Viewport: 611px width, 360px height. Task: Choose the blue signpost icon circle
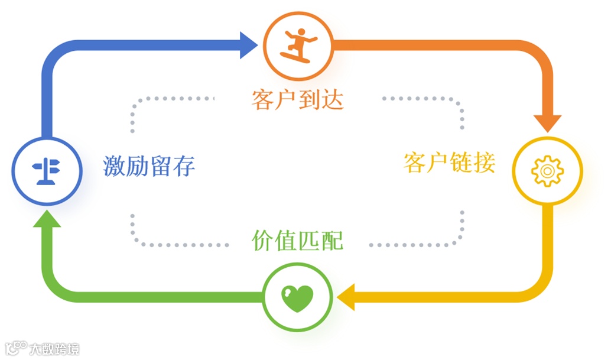coord(46,170)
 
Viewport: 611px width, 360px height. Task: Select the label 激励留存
coord(149,166)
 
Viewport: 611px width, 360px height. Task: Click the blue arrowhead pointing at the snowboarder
coord(248,45)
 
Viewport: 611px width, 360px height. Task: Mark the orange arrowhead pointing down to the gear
coord(548,121)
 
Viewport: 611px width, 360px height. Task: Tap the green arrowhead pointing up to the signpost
coord(47,220)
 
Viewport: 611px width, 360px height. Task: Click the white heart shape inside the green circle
coord(297,297)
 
